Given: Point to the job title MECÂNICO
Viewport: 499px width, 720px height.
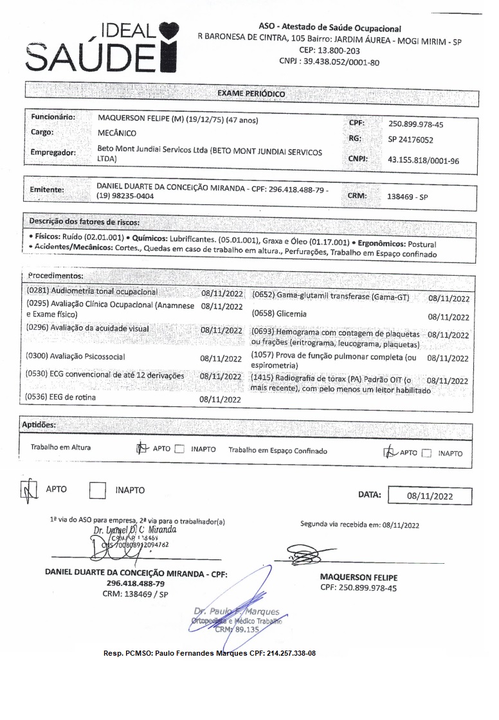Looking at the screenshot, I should coord(116,133).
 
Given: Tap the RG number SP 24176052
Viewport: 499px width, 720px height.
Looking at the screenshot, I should coord(410,139).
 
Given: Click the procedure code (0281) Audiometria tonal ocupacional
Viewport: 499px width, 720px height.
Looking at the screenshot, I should coord(92,292).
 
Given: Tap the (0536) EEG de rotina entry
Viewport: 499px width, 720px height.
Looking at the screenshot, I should coord(57,397).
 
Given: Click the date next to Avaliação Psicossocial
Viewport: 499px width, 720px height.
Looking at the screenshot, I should coord(221,358).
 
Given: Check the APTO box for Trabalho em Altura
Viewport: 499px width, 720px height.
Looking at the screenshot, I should coord(142,449).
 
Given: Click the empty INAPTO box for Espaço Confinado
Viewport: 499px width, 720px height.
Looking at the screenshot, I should coord(426,453).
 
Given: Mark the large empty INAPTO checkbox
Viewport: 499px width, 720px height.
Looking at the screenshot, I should coord(97,491).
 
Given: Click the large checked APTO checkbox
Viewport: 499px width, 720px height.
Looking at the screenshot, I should coord(29,491).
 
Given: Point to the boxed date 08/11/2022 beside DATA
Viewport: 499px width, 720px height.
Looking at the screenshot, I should coord(430,496).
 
